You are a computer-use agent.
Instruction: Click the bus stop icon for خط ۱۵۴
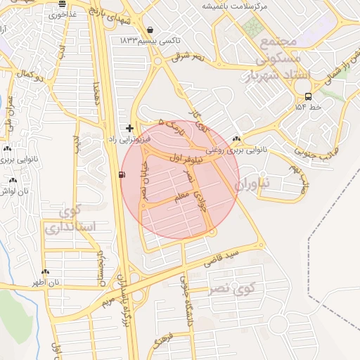(308, 96)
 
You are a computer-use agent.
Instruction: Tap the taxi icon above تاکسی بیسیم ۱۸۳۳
(152, 30)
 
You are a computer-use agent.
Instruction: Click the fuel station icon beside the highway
(124, 174)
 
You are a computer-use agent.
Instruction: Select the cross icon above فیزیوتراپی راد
(129, 128)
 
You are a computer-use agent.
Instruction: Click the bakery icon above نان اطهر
(46, 271)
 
